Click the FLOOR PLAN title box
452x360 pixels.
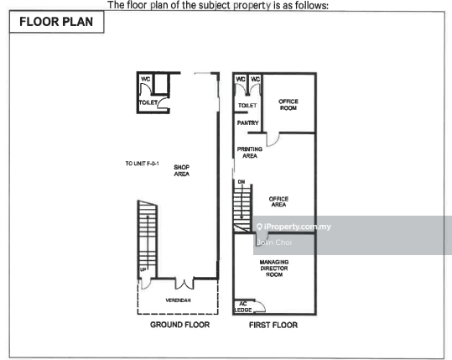click(56, 22)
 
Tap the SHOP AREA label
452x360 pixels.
click(182, 170)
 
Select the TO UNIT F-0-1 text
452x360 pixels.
click(142, 164)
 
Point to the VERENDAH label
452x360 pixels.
click(178, 300)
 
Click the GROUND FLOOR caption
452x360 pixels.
click(179, 325)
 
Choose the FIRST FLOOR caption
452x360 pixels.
click(273, 325)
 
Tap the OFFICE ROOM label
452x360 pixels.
click(288, 104)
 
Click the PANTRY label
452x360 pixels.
click(247, 123)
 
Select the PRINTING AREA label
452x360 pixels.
click(250, 153)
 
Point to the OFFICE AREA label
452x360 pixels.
click(278, 201)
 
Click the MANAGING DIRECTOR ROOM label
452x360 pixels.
click(274, 269)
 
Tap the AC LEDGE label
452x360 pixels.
click(243, 307)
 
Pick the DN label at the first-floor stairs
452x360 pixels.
click(242, 182)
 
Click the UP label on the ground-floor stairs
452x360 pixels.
click(143, 269)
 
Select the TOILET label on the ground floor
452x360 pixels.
click(148, 102)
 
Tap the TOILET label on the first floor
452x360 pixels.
click(247, 106)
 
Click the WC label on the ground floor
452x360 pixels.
click(146, 79)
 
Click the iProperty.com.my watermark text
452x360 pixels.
click(294, 227)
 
